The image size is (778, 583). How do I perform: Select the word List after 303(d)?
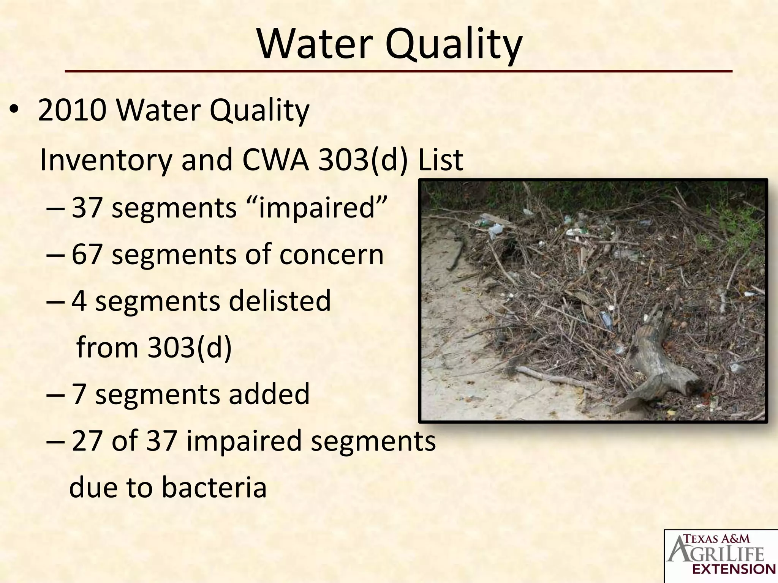pyautogui.click(x=440, y=160)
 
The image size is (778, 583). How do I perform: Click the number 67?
pyautogui.click(x=87, y=254)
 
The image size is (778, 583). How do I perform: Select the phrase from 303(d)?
pyautogui.click(x=154, y=347)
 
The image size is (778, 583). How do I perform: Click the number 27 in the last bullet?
pyautogui.click(x=87, y=441)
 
